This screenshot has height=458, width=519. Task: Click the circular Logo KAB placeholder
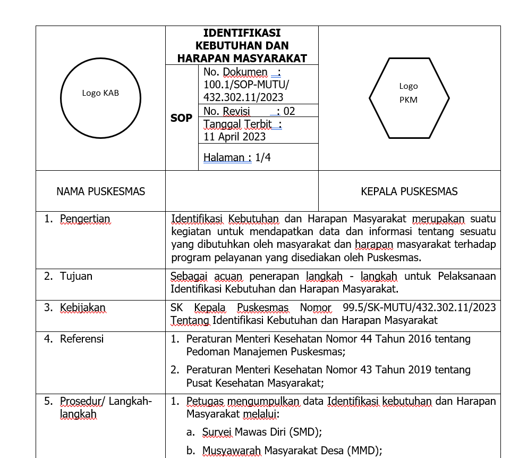coord(100,99)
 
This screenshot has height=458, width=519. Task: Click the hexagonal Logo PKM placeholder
coord(409,98)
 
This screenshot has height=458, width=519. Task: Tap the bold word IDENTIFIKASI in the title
coord(242,33)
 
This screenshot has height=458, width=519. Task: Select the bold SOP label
coord(181,118)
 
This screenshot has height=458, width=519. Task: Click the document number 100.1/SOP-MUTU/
coord(246,85)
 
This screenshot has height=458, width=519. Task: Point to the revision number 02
coord(290,111)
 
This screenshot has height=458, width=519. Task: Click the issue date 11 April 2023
coord(234,137)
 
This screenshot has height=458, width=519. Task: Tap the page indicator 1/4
coord(263,157)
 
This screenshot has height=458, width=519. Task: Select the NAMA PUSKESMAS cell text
coord(100,191)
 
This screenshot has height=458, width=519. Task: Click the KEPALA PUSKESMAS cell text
coord(409,191)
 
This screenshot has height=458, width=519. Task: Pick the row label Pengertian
coord(85,219)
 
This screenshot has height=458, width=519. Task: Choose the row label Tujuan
coord(76,276)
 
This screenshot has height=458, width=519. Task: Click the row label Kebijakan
coord(82,307)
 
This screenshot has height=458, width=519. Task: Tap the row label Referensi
coord(82,339)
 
